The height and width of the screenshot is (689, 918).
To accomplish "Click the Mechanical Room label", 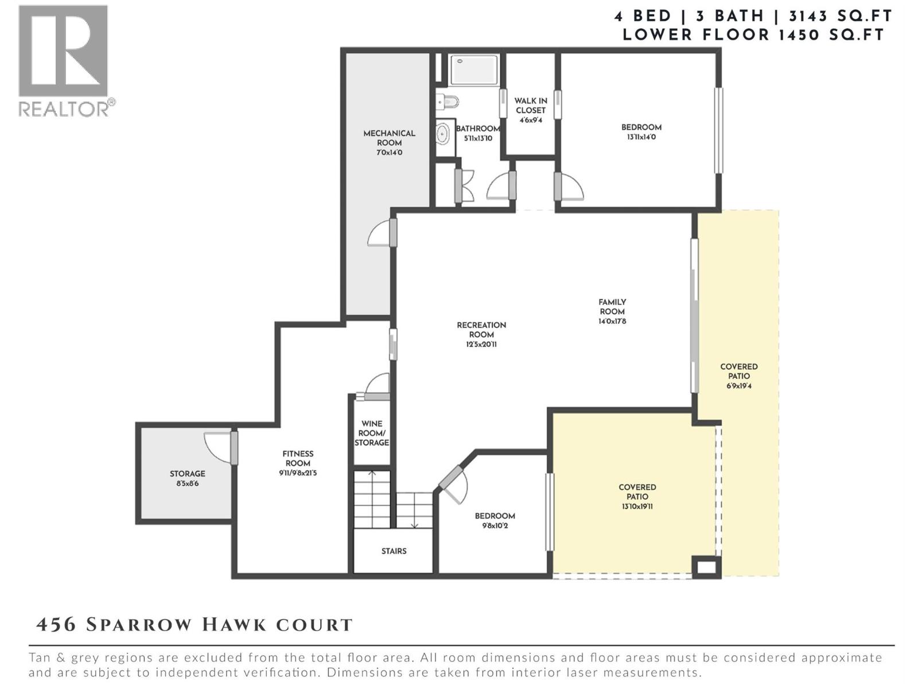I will [x=389, y=142].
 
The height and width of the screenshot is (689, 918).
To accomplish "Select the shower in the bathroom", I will [x=473, y=70].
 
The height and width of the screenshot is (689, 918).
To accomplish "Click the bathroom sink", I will [x=443, y=135].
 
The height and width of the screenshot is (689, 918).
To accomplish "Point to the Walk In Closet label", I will [x=530, y=110].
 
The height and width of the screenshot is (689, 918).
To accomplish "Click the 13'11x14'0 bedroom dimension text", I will [x=641, y=137].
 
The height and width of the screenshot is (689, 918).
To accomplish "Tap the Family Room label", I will [x=612, y=311].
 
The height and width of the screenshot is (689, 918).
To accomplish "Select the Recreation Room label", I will [x=481, y=334].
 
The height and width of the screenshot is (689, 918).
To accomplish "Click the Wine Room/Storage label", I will [x=371, y=433].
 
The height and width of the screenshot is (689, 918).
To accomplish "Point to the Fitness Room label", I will [x=297, y=463].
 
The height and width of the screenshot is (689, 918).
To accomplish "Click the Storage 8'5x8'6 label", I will [x=187, y=478].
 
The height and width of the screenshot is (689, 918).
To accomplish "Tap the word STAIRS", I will [x=394, y=551].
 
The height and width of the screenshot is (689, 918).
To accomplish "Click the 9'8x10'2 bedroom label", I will [x=495, y=520].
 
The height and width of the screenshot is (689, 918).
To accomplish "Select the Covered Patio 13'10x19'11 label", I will [x=637, y=496].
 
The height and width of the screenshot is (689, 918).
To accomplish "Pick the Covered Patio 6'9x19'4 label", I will [x=738, y=376].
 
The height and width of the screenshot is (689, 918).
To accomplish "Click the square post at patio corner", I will [x=706, y=567].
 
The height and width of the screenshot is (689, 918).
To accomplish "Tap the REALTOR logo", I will [x=64, y=60].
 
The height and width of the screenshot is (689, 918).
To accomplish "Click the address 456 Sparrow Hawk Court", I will [x=194, y=625].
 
